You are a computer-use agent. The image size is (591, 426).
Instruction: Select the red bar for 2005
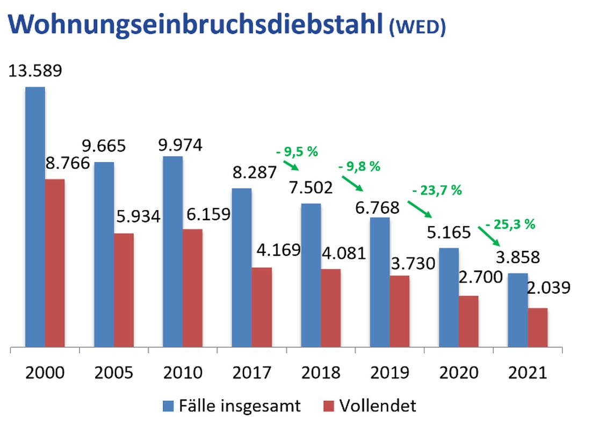[x=124, y=290]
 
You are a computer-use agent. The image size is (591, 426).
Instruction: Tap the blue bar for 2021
[x=517, y=310]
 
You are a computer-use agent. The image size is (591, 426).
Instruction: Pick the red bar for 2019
[x=399, y=311]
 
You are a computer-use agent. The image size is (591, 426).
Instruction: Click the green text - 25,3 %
[x=510, y=225]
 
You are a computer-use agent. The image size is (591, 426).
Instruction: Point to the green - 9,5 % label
[x=297, y=152]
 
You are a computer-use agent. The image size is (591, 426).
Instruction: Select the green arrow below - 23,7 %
[x=420, y=208]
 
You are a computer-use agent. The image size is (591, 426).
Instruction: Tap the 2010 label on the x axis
[x=183, y=372]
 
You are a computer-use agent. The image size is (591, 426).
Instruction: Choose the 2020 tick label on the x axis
[x=458, y=372]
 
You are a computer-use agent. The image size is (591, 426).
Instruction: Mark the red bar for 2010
[x=192, y=288]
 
